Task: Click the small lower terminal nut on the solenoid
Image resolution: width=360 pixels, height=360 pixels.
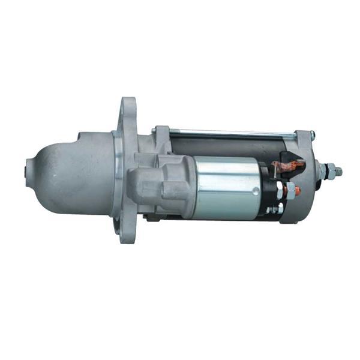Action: coord(277,209)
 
